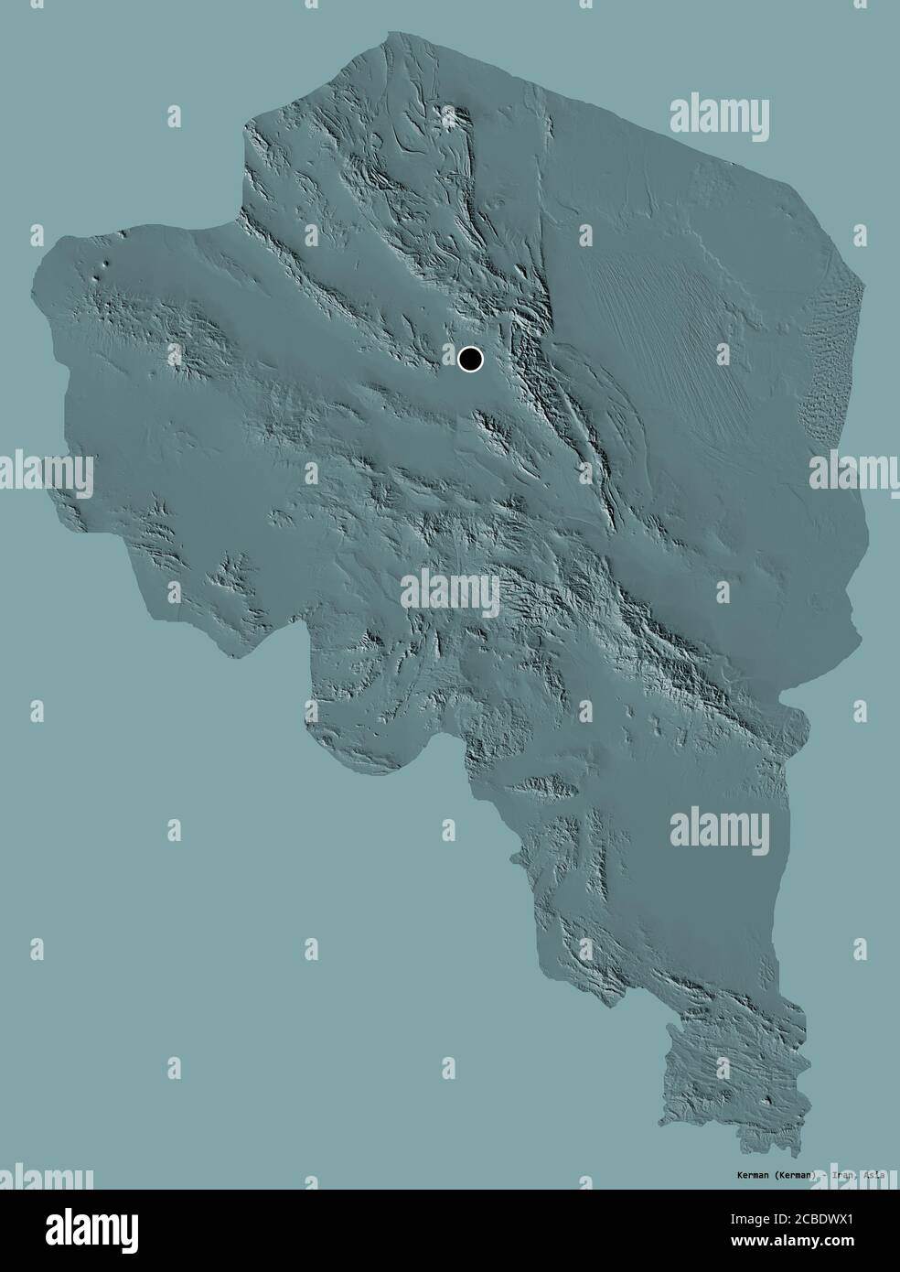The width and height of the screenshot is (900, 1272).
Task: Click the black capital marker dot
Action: [470, 360]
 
